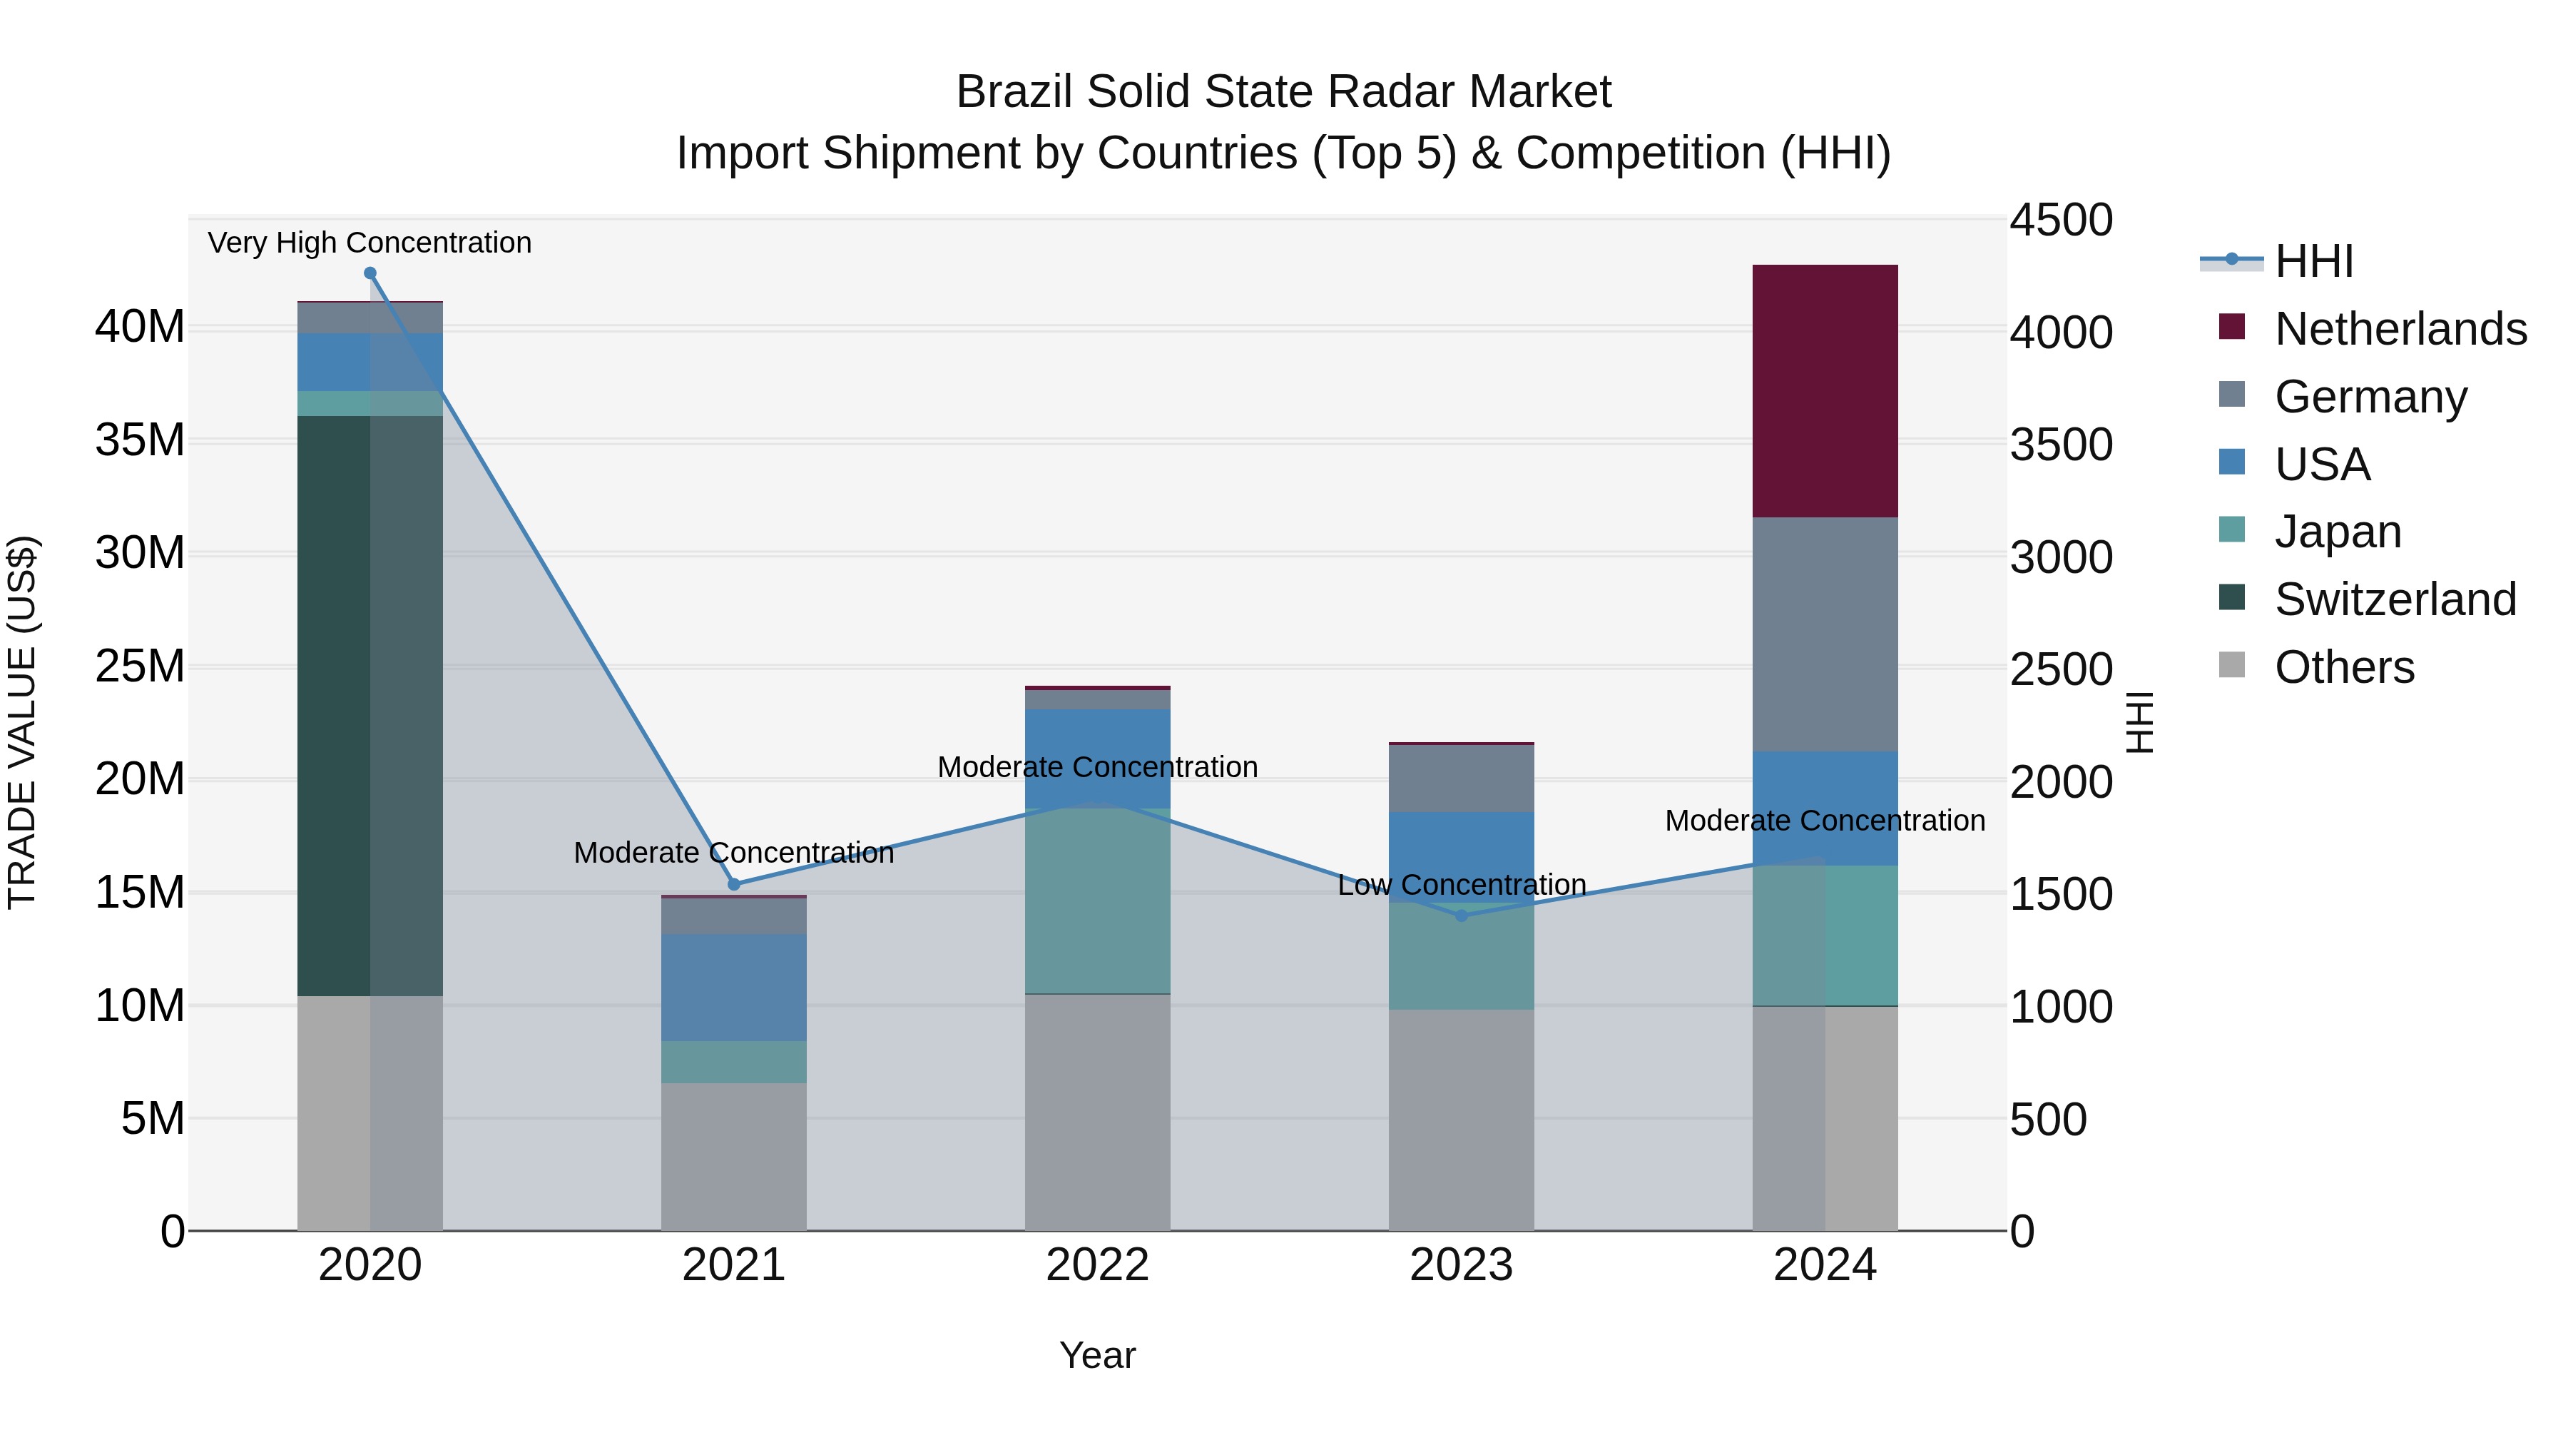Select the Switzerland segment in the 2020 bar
(370, 705)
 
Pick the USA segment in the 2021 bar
(734, 988)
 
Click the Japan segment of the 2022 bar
(1098, 901)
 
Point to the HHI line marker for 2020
(370, 273)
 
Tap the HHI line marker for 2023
(1462, 916)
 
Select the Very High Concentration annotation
(370, 243)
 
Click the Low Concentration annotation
(1462, 885)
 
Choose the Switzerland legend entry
(2395, 599)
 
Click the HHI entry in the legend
(2313, 261)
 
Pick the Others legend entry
(2344, 667)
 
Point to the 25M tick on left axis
(140, 666)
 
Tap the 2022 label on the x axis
(1098, 1265)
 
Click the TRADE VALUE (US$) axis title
(22, 722)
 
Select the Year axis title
(1098, 1355)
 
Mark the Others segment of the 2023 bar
(1462, 1119)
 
